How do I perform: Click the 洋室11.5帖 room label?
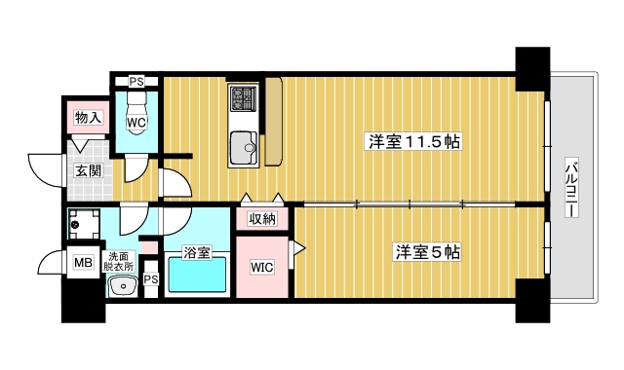point(413,142)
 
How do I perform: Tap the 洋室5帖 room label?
point(427,253)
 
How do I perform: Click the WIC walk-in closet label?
point(262,267)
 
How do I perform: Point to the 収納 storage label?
point(261,219)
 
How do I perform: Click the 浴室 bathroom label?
point(198,253)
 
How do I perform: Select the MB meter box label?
point(83,262)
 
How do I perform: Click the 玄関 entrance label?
point(88,170)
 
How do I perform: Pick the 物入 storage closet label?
point(88,119)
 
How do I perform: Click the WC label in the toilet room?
point(136,124)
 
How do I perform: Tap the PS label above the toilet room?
point(136,82)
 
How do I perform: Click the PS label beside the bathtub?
point(150,280)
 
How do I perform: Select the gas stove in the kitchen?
point(242,98)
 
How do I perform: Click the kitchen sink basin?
point(242,149)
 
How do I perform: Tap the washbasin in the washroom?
point(123,286)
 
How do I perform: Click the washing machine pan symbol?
point(84,225)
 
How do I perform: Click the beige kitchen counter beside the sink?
point(270,122)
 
